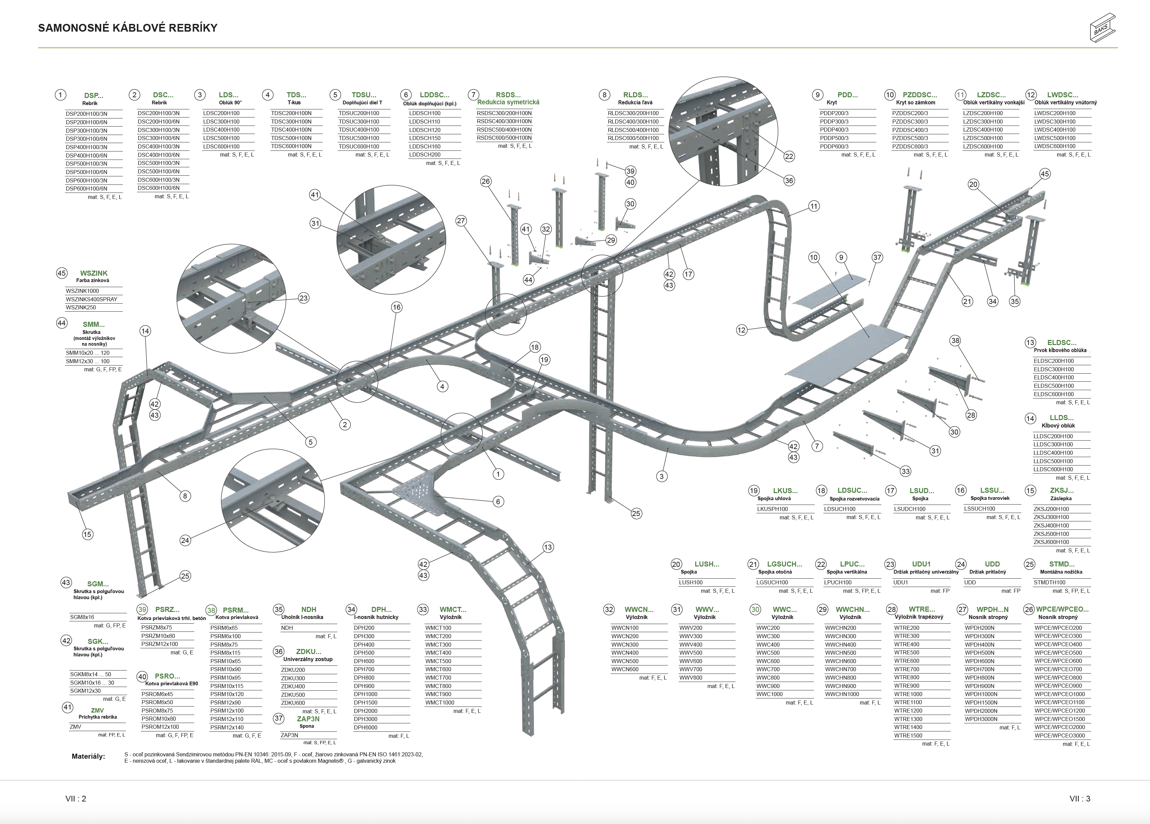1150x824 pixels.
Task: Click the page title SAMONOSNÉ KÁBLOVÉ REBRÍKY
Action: (128, 28)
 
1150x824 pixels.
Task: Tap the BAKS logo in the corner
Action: (1102, 28)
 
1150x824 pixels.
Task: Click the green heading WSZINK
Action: (94, 273)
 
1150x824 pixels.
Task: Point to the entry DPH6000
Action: (366, 727)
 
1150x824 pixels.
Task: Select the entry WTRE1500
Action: (908, 735)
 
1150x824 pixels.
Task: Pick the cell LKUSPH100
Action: (772, 509)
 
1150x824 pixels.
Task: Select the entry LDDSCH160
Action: (425, 146)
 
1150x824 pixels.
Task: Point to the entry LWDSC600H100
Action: (1055, 146)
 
